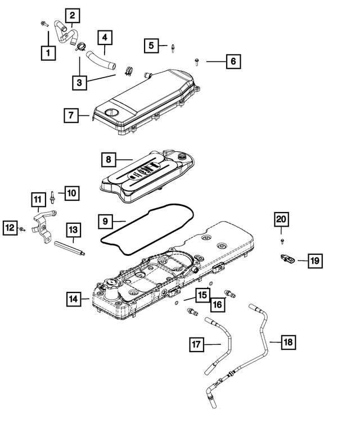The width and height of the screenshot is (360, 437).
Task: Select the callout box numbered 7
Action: [71, 116]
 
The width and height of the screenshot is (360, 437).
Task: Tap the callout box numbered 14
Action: [72, 299]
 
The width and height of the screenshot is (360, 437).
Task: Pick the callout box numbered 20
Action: [281, 219]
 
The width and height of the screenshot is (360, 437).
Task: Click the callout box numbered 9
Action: [105, 221]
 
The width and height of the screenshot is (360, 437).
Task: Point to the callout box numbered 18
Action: [288, 341]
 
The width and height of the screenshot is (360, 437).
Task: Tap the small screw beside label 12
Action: [22, 229]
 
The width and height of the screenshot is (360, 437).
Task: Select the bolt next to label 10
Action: [52, 196]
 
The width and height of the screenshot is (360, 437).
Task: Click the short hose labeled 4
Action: [100, 60]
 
